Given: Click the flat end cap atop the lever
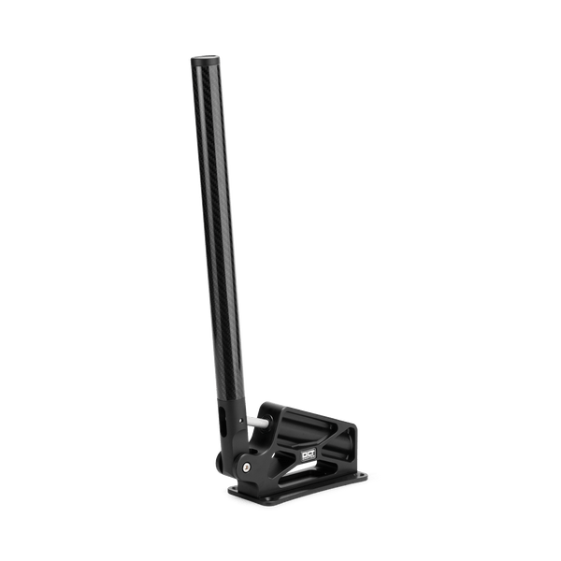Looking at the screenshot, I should point(208,59).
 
